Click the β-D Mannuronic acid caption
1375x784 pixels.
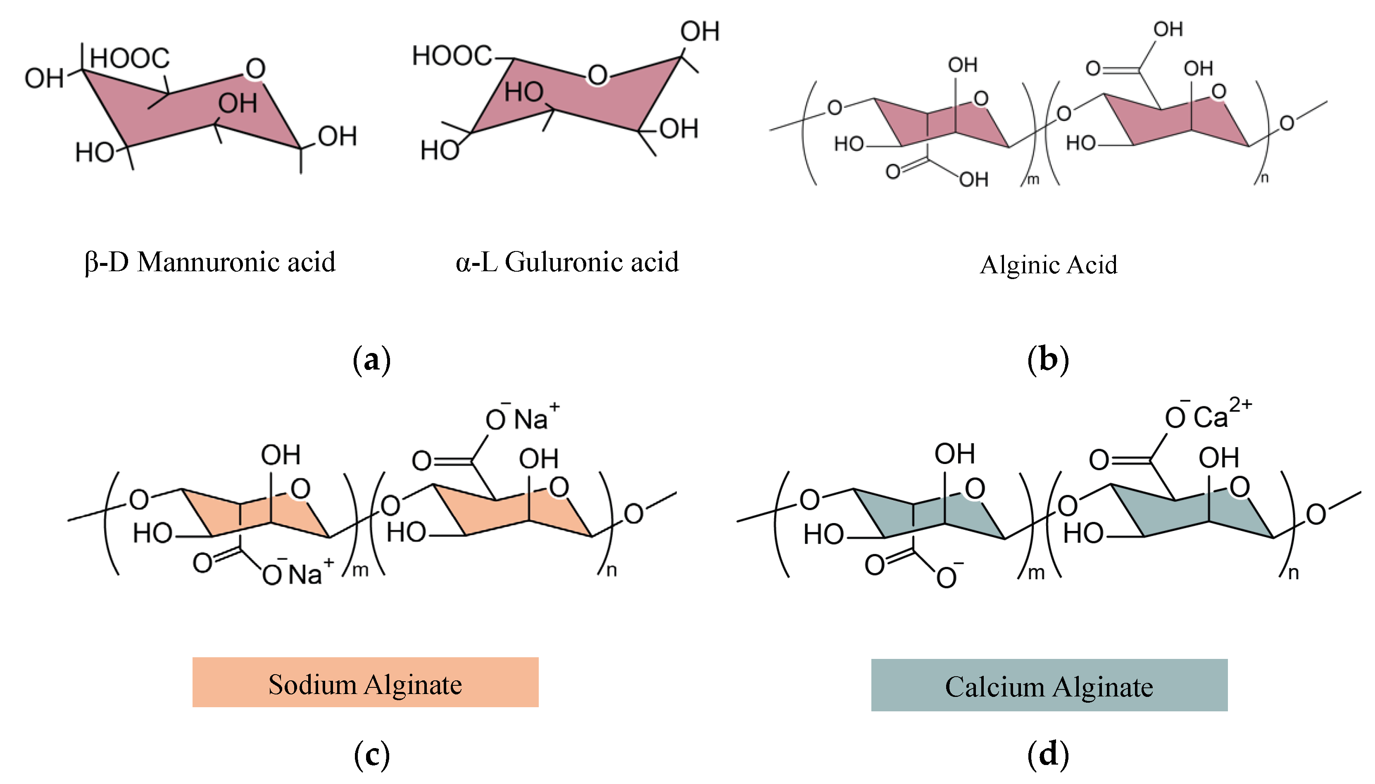click(x=210, y=263)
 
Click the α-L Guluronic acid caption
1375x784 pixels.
click(x=567, y=263)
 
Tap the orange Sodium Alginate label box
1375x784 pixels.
click(x=365, y=682)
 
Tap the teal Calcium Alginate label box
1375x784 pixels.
click(x=1049, y=685)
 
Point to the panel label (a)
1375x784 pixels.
click(x=371, y=360)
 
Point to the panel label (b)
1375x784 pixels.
click(x=1048, y=360)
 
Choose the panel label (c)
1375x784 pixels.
click(x=371, y=754)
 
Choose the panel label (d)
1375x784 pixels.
click(x=1048, y=754)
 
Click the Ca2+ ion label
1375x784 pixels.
click(x=1221, y=415)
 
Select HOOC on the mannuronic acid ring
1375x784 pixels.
click(x=130, y=58)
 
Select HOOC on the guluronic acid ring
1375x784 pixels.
click(x=452, y=55)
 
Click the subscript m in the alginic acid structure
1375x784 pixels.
click(x=1032, y=179)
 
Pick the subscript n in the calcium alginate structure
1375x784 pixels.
click(x=1293, y=573)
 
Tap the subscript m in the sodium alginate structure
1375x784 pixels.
click(x=360, y=570)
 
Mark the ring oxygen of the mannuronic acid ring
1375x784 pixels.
click(x=255, y=69)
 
